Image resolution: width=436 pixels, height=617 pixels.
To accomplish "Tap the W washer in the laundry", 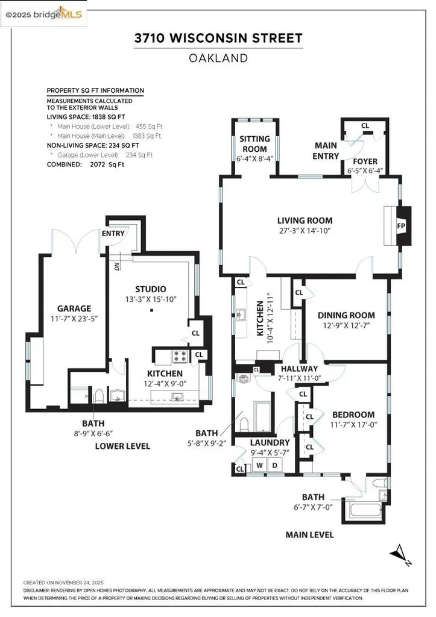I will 261,465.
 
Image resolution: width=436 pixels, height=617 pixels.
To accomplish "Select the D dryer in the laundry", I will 275,465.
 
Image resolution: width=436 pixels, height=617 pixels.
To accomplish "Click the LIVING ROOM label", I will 305,221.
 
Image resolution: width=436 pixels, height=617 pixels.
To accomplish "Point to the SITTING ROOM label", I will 254,143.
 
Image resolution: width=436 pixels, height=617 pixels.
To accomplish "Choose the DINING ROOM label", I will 346,315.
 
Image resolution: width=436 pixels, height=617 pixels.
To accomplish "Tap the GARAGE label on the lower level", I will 74,308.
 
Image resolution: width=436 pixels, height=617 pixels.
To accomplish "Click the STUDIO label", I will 151,289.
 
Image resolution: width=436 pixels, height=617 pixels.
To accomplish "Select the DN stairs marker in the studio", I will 117,263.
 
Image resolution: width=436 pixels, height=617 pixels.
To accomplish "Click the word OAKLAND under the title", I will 218,58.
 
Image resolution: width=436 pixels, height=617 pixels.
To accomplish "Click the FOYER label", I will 365,161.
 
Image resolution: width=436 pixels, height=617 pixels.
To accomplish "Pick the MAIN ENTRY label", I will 326,151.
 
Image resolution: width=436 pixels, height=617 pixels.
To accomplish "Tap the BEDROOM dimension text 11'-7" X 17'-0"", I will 353,425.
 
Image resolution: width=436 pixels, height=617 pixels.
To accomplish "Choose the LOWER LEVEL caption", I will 122,446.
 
